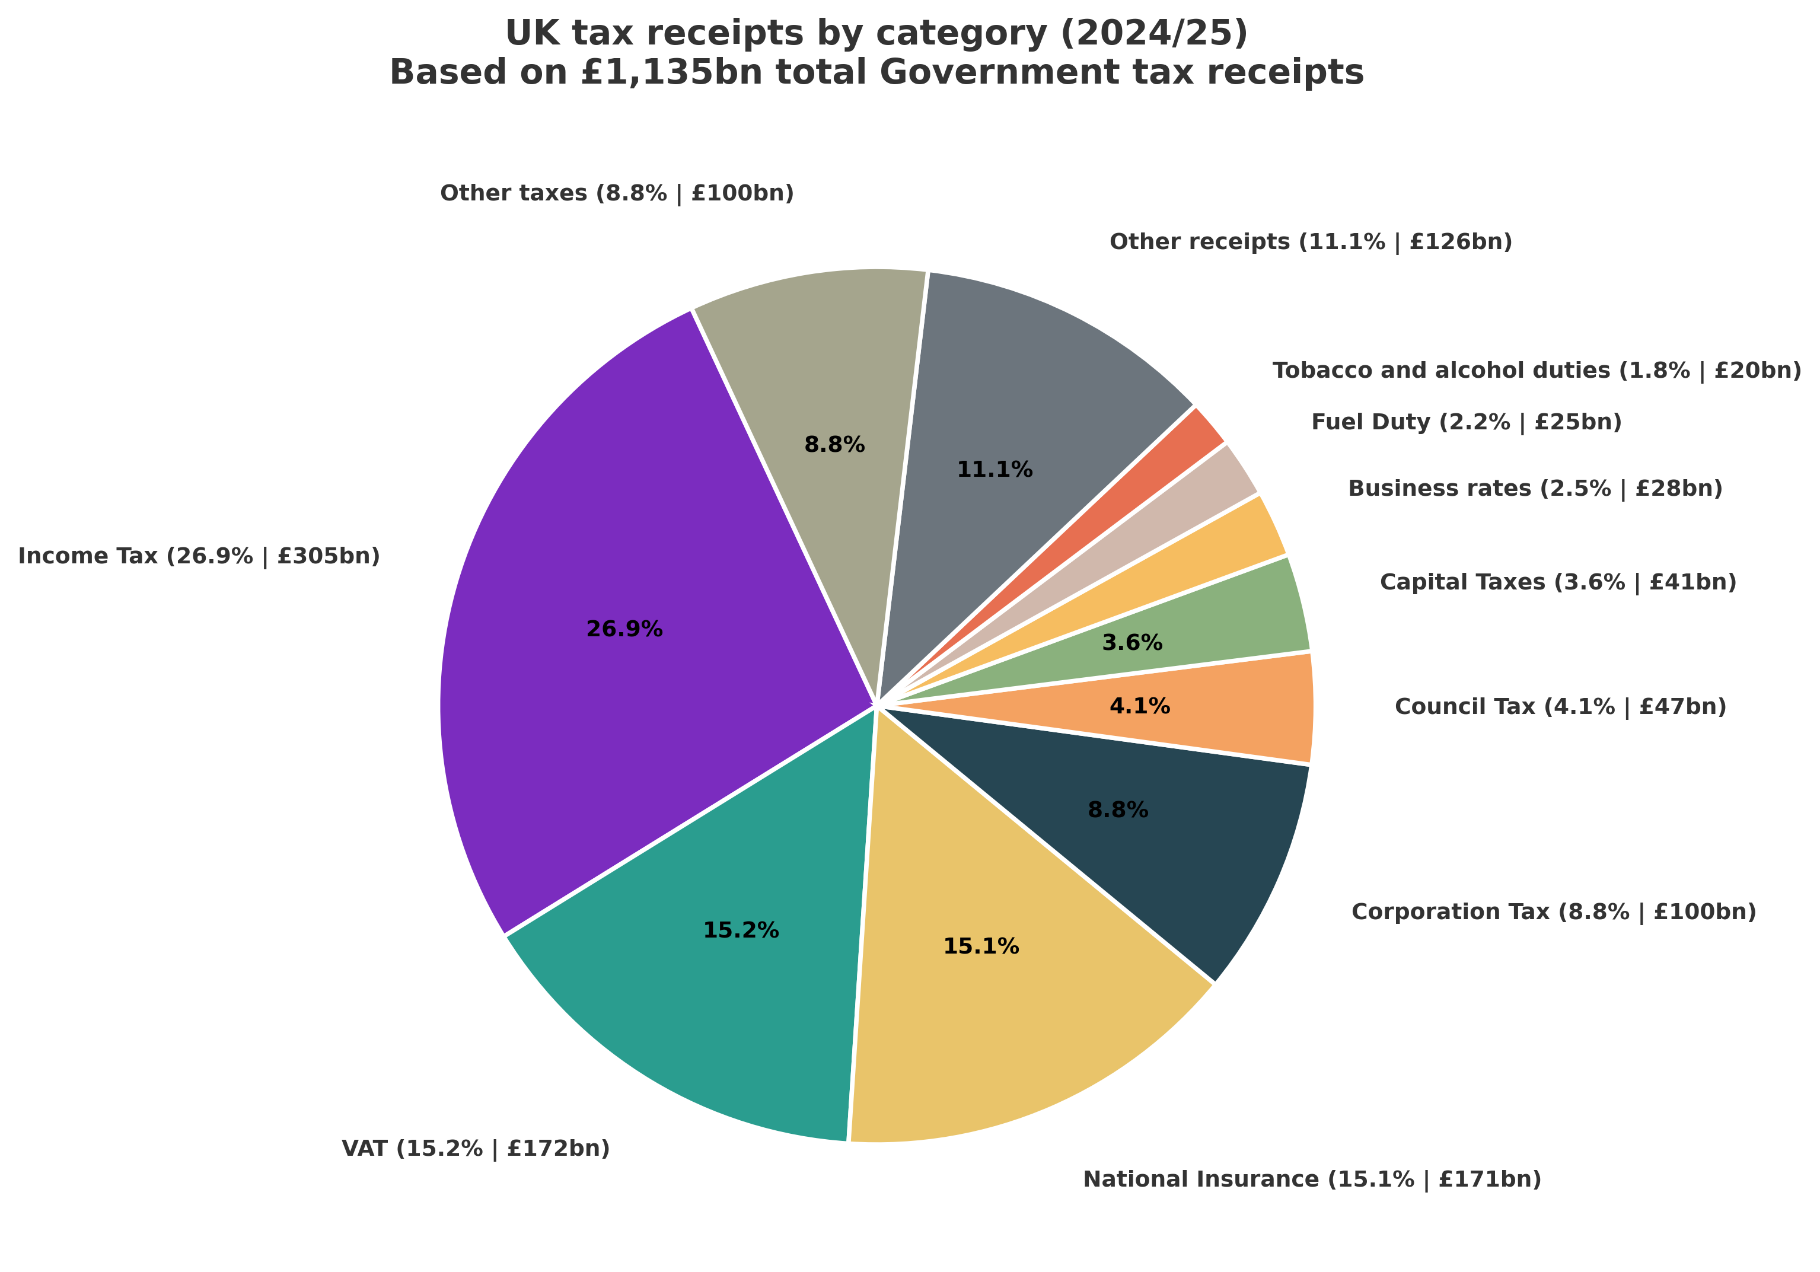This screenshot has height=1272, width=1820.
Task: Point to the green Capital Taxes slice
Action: pos(1220,626)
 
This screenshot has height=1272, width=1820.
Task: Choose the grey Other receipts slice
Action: pos(1031,396)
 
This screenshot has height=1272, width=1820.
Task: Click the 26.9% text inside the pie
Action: pos(624,629)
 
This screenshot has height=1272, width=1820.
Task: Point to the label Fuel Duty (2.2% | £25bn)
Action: pos(1466,422)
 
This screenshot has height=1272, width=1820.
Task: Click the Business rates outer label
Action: pos(1535,488)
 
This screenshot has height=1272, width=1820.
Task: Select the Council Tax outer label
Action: pos(1560,706)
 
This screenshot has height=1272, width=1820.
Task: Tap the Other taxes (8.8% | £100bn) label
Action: pos(616,193)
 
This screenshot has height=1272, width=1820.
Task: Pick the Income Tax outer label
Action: pos(199,556)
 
